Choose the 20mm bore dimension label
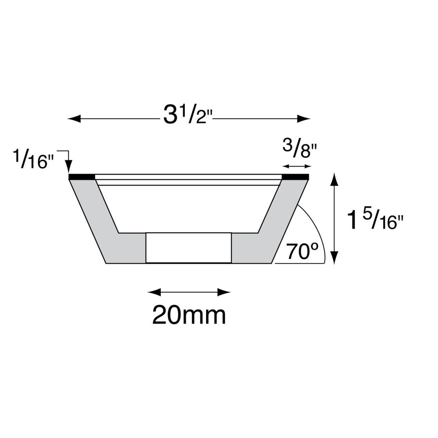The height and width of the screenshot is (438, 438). pos(189,315)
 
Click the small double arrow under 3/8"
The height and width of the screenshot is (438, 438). pos(297,166)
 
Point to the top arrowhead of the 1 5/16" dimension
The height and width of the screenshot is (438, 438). pos(335,178)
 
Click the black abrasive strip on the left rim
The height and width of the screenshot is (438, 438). pos(82,176)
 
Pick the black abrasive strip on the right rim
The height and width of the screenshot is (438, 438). pos(296,176)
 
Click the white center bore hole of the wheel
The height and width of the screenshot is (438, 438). pos(188,248)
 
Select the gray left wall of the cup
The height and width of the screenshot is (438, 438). pos(108,231)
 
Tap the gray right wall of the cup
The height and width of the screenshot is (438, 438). pos(269,231)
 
